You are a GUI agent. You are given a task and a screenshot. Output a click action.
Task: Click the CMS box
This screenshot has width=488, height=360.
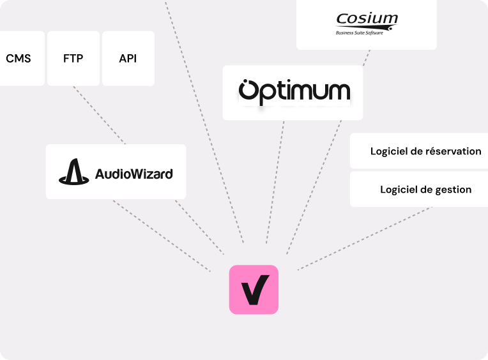click(19, 59)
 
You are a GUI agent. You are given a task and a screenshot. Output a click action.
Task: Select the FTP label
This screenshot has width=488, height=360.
click(73, 59)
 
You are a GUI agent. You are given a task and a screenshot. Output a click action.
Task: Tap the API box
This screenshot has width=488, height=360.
click(128, 59)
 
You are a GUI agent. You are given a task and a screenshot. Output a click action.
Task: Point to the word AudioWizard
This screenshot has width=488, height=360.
click(133, 173)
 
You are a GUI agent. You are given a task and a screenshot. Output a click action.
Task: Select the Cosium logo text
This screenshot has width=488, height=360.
click(367, 19)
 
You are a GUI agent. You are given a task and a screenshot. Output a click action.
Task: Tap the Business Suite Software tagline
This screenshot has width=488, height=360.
click(360, 33)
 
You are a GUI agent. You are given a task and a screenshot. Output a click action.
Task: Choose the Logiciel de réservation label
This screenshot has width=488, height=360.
click(425, 151)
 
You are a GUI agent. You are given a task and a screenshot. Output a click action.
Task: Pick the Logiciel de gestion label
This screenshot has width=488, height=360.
click(425, 190)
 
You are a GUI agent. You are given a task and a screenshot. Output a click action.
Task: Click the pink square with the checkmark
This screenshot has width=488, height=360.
click(254, 289)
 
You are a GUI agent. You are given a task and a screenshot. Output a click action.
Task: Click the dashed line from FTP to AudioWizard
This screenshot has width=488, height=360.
click(99, 115)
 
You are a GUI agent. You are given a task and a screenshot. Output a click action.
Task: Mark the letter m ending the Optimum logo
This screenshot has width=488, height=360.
click(338, 93)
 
